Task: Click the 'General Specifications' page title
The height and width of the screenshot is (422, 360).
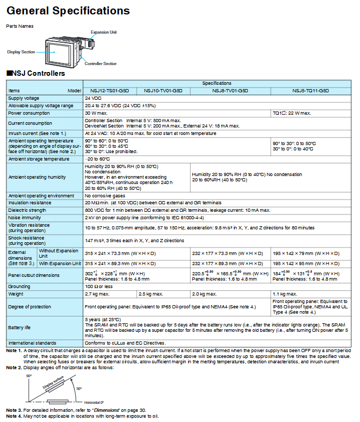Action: [68, 11]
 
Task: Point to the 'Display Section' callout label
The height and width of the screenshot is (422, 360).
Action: [21, 52]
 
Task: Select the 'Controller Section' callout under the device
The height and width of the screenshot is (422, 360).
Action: [100, 63]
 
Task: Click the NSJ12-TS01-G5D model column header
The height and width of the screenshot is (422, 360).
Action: [110, 91]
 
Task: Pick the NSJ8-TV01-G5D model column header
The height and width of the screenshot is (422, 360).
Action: [230, 91]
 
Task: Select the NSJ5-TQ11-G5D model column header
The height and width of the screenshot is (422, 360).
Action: [310, 91]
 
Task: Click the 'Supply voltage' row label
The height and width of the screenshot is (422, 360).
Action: [24, 98]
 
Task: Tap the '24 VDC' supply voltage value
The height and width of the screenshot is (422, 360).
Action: [93, 98]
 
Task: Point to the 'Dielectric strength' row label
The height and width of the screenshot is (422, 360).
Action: [28, 211]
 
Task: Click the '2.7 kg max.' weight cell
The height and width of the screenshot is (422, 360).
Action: [96, 293]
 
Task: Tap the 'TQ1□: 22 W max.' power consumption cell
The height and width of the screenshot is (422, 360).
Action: [292, 113]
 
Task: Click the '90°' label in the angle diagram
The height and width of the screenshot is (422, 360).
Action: [30, 376]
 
